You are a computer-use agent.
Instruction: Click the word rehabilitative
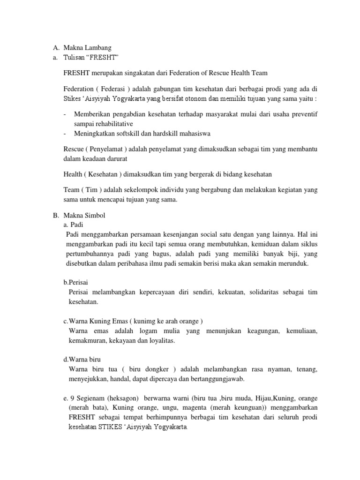[x=112, y=124]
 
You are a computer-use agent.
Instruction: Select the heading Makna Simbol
[x=84, y=215]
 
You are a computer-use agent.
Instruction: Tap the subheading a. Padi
[x=73, y=225]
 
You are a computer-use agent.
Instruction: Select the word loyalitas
[x=159, y=341]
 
